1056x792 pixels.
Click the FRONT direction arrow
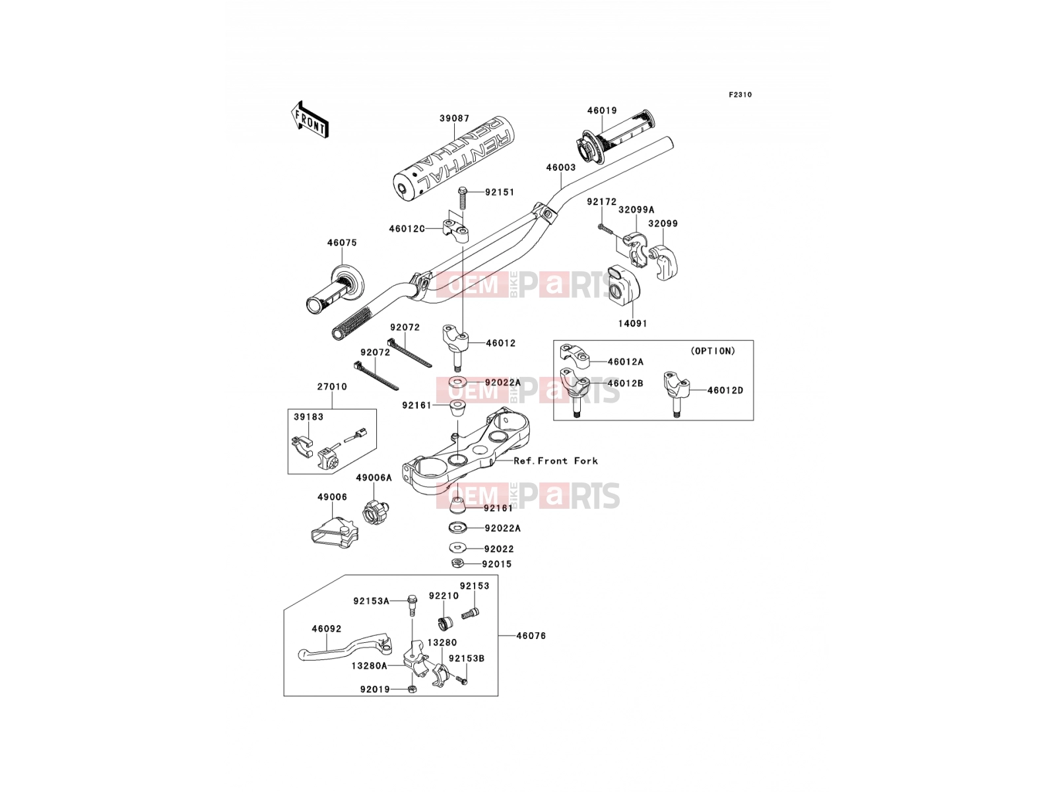tap(310, 119)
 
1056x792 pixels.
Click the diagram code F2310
tap(740, 95)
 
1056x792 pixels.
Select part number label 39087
tap(454, 118)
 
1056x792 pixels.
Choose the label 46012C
tap(407, 229)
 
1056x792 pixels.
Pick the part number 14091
tap(633, 323)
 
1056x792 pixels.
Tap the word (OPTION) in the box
tap(713, 352)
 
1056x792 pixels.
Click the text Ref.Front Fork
tap(556, 461)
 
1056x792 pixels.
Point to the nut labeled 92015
tap(457, 563)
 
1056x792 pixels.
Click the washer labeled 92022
tap(457, 548)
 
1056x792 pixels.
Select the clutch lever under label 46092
tap(345, 647)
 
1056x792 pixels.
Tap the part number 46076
tap(531, 636)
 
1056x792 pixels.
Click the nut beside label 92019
tap(412, 689)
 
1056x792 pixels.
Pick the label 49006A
tap(374, 477)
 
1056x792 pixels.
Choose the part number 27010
tap(332, 387)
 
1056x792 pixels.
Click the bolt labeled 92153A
tap(412, 605)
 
